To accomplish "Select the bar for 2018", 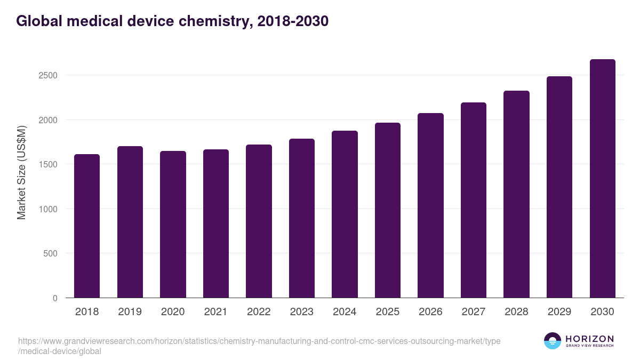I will (x=87, y=226).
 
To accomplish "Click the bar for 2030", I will (x=603, y=179).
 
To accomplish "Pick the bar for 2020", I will (x=173, y=225).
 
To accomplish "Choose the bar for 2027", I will (x=474, y=200).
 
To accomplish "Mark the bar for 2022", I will (x=259, y=221).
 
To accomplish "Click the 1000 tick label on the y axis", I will (x=47, y=209).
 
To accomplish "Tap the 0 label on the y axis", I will (x=55, y=298).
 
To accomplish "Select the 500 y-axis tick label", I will (x=50, y=254).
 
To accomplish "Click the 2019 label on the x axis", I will (x=130, y=312).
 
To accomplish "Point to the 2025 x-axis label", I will (x=387, y=312).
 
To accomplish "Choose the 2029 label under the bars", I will (x=559, y=312).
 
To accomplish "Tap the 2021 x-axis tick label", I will (x=215, y=312).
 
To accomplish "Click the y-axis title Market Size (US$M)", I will (x=21, y=172).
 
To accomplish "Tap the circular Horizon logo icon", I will (x=553, y=341).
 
